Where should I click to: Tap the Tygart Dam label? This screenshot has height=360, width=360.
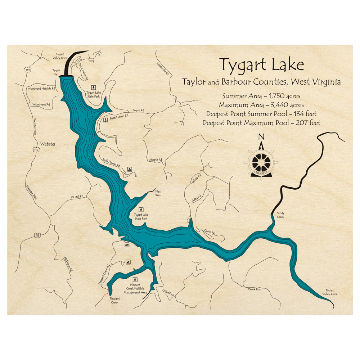click(56, 72)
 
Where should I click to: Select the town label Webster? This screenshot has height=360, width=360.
click(48, 144)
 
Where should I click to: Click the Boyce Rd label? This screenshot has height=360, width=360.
click(138, 110)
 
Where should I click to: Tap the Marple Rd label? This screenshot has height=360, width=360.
click(156, 159)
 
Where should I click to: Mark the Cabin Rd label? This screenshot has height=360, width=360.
click(209, 232)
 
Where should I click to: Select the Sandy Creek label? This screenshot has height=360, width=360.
click(280, 215)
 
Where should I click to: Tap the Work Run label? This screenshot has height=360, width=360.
click(254, 289)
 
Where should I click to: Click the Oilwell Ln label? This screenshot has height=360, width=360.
click(168, 292)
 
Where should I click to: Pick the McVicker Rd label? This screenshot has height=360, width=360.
click(68, 264)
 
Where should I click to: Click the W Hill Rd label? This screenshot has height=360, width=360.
click(77, 197)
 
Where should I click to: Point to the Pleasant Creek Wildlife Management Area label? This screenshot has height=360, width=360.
click(135, 288)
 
